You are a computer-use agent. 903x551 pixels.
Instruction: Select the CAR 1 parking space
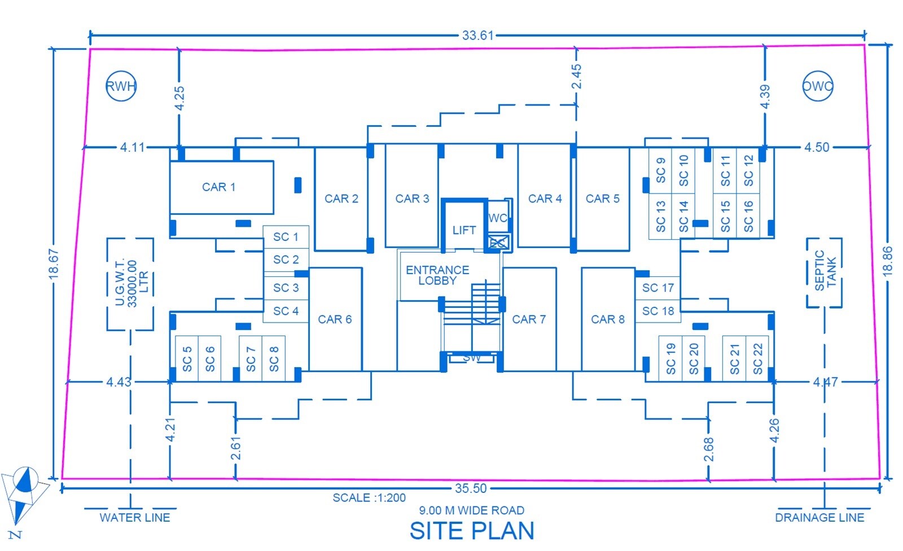pyautogui.click(x=222, y=187)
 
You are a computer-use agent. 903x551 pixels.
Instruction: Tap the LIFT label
pyautogui.click(x=464, y=230)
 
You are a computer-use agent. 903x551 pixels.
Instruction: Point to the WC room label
pyautogui.click(x=498, y=218)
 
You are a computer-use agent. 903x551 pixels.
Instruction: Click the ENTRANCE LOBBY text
pyautogui.click(x=437, y=275)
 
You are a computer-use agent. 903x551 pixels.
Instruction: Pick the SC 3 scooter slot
pyautogui.click(x=286, y=288)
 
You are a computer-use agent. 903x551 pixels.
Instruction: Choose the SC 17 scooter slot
pyautogui.click(x=658, y=288)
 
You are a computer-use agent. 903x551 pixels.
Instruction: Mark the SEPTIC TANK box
pyautogui.click(x=806, y=272)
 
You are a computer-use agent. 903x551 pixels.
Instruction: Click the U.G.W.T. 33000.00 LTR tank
pyautogui.click(x=107, y=284)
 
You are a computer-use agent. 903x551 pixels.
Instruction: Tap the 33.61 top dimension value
pyautogui.click(x=477, y=36)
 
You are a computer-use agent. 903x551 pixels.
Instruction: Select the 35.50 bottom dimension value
pyautogui.click(x=471, y=488)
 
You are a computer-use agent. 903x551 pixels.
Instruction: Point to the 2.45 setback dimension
pyautogui.click(x=576, y=76)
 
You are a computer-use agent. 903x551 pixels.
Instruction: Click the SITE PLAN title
pyautogui.click(x=472, y=531)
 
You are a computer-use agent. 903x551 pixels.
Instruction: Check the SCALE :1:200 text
pyautogui.click(x=369, y=498)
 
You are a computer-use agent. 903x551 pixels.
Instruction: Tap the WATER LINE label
pyautogui.click(x=135, y=518)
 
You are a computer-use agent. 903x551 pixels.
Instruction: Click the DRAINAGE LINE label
pyautogui.click(x=819, y=518)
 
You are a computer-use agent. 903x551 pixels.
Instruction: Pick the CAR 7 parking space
pyautogui.click(x=529, y=319)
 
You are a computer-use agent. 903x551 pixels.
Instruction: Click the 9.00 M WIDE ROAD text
pyautogui.click(x=472, y=510)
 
